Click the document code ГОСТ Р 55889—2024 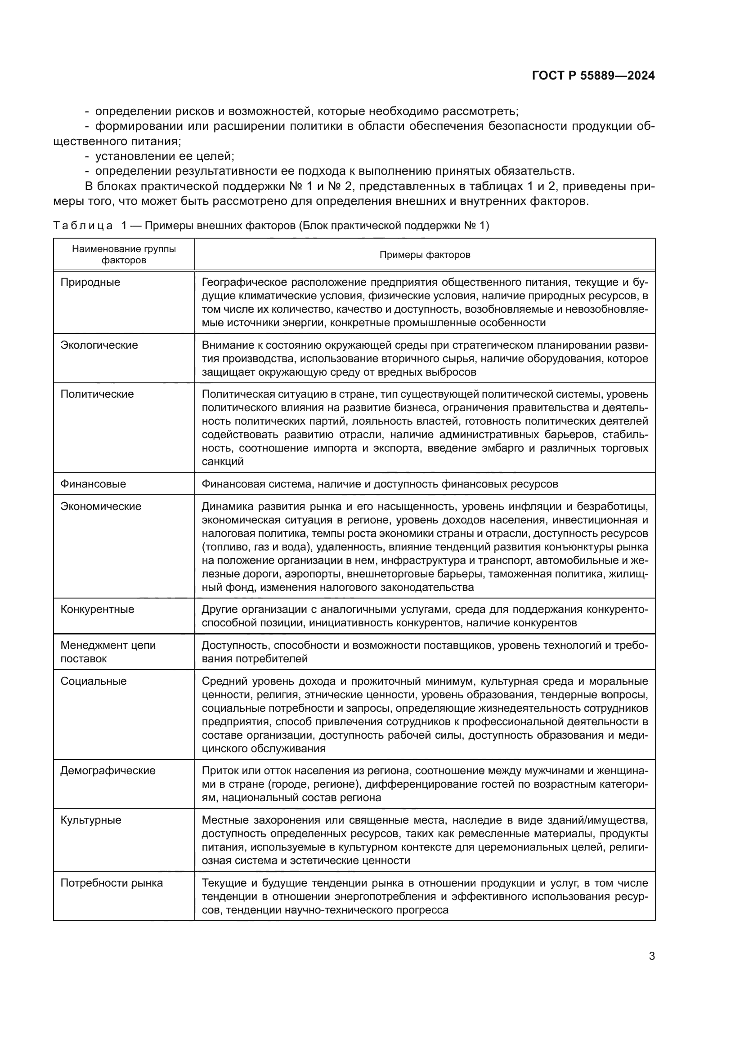click(593, 76)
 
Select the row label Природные click(90, 283)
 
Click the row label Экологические click(99, 345)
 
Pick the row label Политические click(97, 394)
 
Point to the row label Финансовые click(93, 484)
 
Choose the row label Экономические click(101, 506)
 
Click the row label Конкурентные click(97, 609)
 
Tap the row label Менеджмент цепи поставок click(108, 652)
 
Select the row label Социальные click(94, 681)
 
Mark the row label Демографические click(108, 771)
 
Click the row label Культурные click(91, 820)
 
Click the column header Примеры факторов click(425, 255)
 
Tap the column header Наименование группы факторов click(124, 254)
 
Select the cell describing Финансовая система click(380, 484)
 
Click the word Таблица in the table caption click(83, 226)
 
